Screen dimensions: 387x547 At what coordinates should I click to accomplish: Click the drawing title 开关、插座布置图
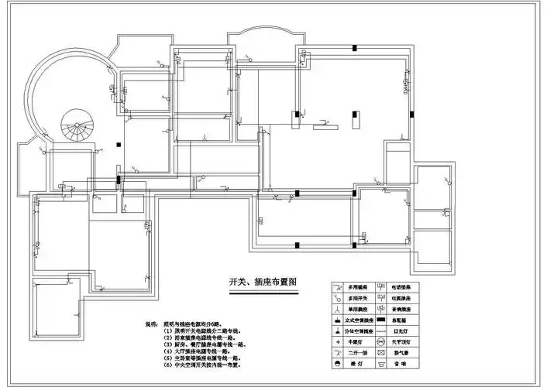(x=263, y=283)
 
